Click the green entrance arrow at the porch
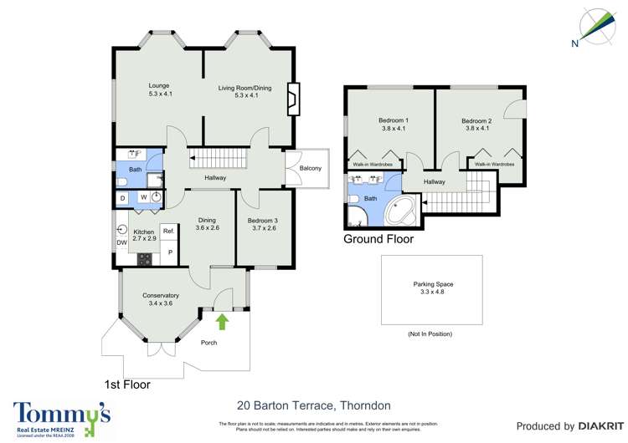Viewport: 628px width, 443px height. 223,321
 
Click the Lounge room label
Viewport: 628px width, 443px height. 160,90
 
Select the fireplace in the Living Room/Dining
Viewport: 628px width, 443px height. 291,99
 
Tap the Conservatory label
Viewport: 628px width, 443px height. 161,299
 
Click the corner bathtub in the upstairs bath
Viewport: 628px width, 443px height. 403,211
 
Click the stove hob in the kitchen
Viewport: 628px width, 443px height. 145,258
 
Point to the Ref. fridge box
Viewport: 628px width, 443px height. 168,232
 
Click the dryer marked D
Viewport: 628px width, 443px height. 123,198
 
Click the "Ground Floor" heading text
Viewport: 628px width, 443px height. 378,239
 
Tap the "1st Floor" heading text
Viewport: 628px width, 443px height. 126,384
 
